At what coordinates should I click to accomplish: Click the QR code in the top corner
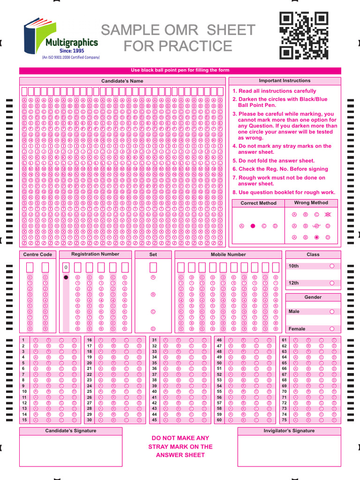(x=303, y=36)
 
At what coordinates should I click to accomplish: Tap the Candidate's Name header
(x=122, y=81)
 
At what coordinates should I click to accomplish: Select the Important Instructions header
(x=285, y=81)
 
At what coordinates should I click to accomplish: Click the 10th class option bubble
(x=332, y=266)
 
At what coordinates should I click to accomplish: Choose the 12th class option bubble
(x=332, y=283)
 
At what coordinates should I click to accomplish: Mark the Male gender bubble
(x=332, y=311)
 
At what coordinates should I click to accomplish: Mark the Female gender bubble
(x=332, y=329)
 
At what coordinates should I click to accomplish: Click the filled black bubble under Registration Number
(x=66, y=277)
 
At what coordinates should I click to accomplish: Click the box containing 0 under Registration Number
(x=66, y=267)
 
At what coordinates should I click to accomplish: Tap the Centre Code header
(x=37, y=255)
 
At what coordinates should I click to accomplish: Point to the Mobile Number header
(x=228, y=255)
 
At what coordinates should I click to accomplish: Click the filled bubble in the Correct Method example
(x=253, y=226)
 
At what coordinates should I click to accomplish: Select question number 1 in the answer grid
(x=23, y=340)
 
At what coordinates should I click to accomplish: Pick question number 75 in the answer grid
(x=284, y=420)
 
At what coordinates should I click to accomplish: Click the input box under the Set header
(x=153, y=267)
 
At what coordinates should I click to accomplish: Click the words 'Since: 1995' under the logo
(x=72, y=51)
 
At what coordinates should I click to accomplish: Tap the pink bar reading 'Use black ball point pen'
(x=180, y=70)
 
